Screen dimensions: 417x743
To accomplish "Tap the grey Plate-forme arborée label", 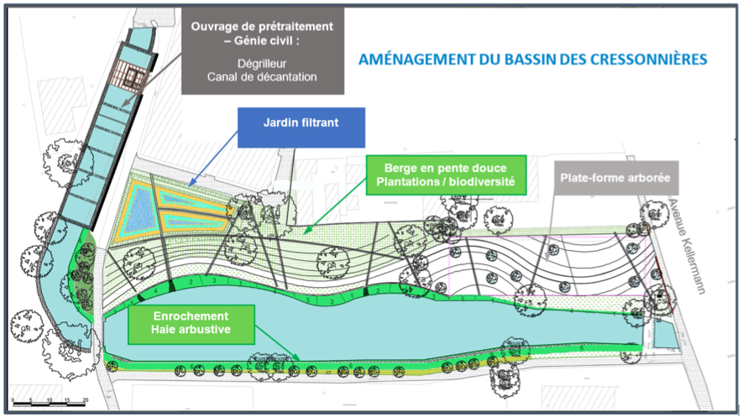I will (x=617, y=178).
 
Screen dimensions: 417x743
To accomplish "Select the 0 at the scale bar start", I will (x=14, y=399).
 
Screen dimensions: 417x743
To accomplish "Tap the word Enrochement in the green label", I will (x=179, y=316).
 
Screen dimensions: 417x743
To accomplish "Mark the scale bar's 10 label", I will (x=50, y=399).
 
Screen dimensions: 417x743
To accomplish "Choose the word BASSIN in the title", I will (x=536, y=60).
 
